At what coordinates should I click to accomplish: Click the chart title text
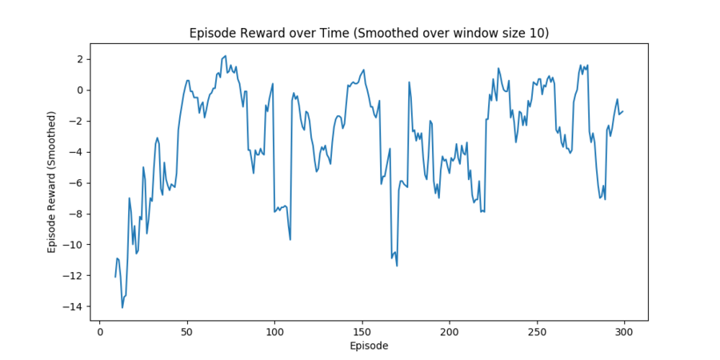pos(369,34)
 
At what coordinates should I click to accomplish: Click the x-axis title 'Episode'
pos(369,346)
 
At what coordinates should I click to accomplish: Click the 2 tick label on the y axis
pos(80,59)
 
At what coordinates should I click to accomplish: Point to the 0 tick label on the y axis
pos(80,90)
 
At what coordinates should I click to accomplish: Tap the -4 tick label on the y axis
pos(78,152)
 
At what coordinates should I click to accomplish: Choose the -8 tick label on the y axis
pos(78,214)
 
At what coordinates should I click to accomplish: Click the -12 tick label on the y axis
pos(75,276)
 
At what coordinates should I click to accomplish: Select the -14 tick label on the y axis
pos(75,307)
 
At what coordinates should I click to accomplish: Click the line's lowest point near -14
pos(122,307)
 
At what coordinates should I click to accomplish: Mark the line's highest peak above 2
pos(226,56)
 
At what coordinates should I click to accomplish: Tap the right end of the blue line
pos(622,111)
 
